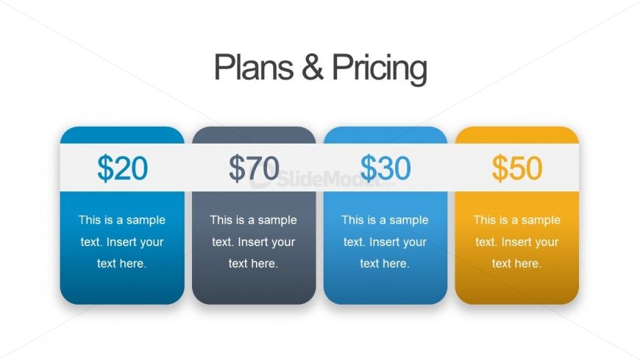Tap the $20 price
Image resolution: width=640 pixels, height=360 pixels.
pyautogui.click(x=122, y=169)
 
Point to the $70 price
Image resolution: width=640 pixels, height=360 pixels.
pyautogui.click(x=254, y=169)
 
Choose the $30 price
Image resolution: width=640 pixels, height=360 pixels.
pyautogui.click(x=385, y=169)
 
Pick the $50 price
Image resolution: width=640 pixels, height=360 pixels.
pyautogui.click(x=517, y=169)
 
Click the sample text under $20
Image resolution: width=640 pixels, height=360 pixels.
pyautogui.click(x=122, y=241)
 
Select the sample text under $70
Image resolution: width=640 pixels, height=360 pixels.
pyautogui.click(x=254, y=241)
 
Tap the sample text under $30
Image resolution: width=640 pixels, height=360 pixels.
pyautogui.click(x=385, y=241)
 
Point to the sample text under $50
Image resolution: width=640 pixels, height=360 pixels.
pyautogui.click(x=517, y=241)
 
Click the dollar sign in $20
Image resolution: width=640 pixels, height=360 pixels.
pyautogui.click(x=105, y=169)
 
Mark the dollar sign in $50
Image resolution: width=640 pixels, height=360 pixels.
pyautogui.click(x=500, y=169)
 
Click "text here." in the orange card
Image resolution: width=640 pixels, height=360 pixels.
pyautogui.click(x=517, y=264)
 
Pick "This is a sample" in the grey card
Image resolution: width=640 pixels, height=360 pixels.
pyautogui.click(x=254, y=220)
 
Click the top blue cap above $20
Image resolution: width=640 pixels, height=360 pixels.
pyautogui.click(x=122, y=135)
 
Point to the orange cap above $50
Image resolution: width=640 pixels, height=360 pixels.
pyautogui.click(x=517, y=135)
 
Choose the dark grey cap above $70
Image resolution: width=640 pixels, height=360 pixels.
pyautogui.click(x=254, y=135)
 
